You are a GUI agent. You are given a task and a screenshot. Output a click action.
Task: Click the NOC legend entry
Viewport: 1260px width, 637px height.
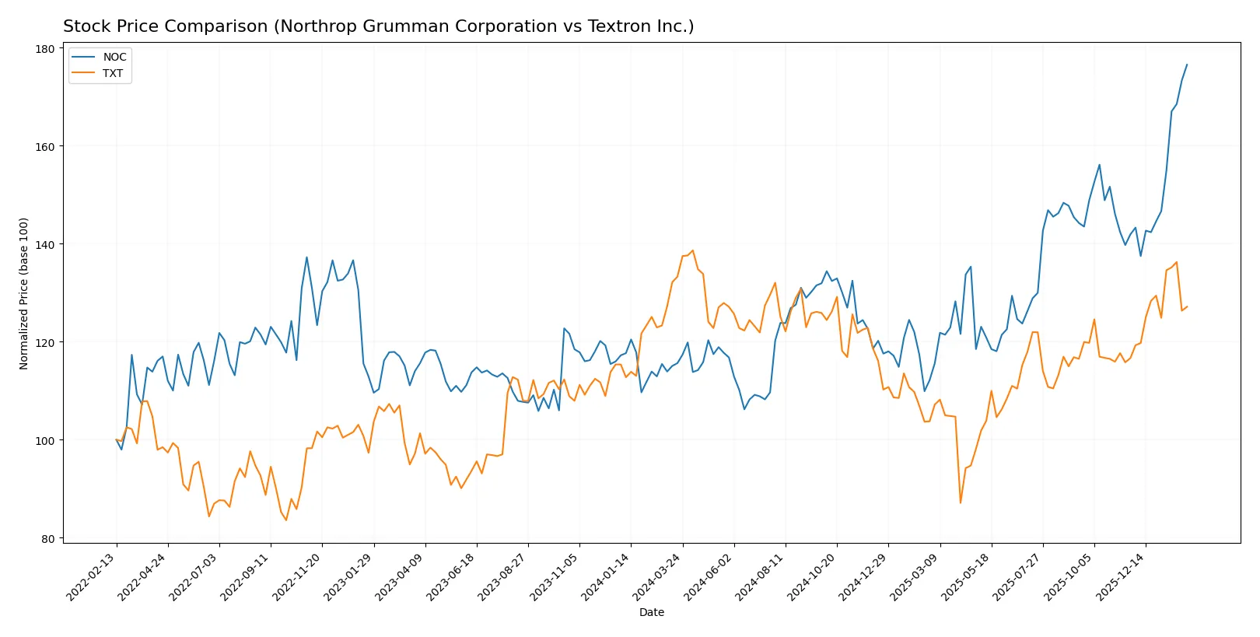point(114,57)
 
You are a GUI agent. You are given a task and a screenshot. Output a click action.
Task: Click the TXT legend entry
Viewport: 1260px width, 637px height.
point(112,73)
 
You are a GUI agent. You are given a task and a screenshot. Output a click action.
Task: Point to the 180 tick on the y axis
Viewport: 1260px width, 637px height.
point(45,49)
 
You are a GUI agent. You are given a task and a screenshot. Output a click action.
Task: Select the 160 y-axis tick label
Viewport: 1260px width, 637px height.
point(45,147)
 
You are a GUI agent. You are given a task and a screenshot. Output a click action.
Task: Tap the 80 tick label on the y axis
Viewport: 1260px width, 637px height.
point(47,538)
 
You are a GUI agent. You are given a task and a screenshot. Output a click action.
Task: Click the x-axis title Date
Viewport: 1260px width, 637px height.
point(651,612)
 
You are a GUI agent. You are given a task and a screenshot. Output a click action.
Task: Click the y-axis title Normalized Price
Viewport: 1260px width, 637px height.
point(23,293)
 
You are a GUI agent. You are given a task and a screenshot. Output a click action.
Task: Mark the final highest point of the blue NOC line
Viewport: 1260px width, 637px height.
point(1187,65)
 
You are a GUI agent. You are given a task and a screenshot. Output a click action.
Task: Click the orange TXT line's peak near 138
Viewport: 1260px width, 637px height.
point(692,250)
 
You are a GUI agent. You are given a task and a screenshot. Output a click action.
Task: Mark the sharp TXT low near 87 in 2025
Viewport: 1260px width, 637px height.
point(960,502)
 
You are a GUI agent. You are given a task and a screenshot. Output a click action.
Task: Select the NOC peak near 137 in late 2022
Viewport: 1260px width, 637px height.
point(306,257)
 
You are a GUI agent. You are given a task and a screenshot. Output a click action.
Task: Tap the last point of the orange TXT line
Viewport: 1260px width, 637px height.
point(1187,306)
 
